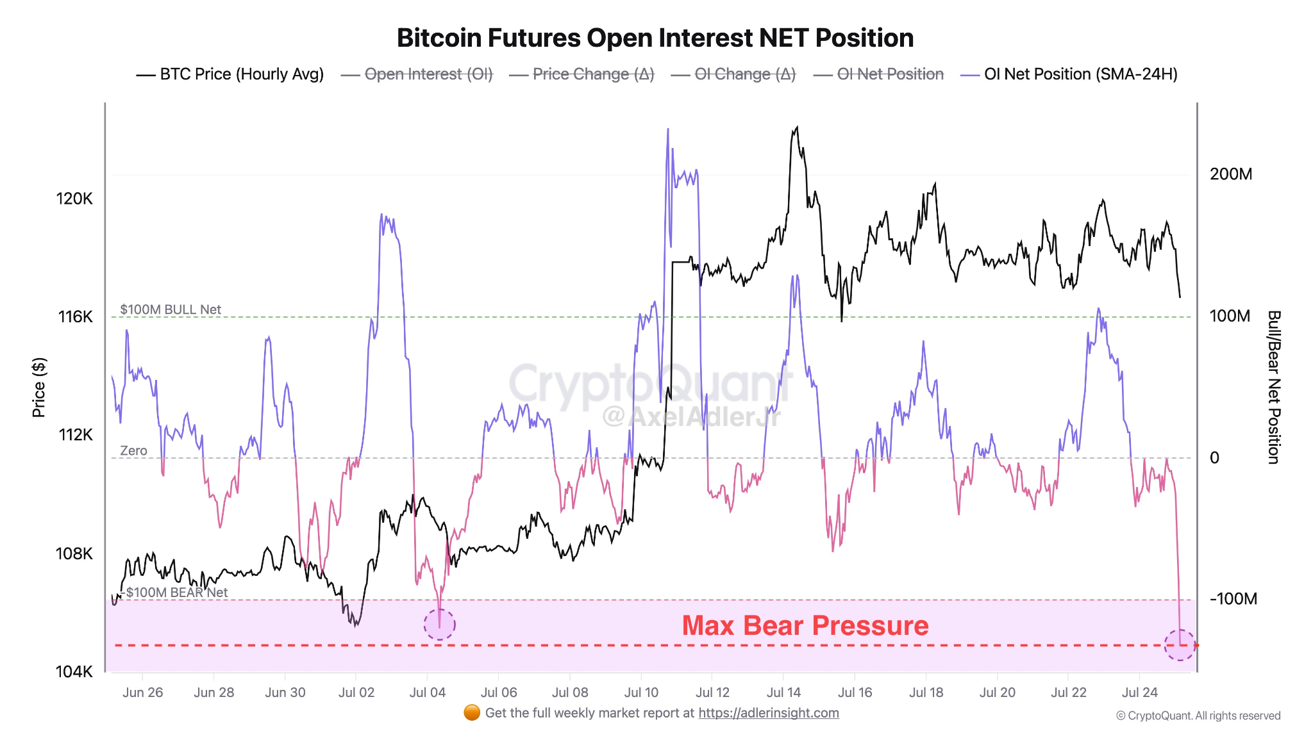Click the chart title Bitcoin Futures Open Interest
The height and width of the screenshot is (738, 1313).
coord(655,38)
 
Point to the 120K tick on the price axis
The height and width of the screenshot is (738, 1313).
coord(74,199)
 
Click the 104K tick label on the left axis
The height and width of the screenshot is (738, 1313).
coord(74,671)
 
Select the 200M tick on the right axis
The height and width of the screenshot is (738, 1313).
coord(1230,174)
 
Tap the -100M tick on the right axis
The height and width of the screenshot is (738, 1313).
coord(1233,599)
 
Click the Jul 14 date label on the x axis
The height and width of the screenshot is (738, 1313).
coord(783,693)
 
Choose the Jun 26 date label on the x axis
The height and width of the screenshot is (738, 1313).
coord(142,693)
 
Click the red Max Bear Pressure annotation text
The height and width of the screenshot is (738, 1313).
coord(805,625)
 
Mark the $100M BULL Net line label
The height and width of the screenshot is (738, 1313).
coord(171,309)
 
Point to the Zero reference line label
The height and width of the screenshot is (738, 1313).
coord(133,451)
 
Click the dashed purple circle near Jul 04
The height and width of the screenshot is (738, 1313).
coord(440,624)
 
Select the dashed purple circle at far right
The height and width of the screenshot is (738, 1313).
coord(1180,645)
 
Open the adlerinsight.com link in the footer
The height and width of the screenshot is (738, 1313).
coord(768,713)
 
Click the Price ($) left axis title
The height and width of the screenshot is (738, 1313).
coord(39,388)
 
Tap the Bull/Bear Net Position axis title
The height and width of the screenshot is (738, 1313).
coord(1273,388)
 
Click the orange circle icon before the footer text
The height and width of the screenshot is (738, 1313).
coord(472,712)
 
